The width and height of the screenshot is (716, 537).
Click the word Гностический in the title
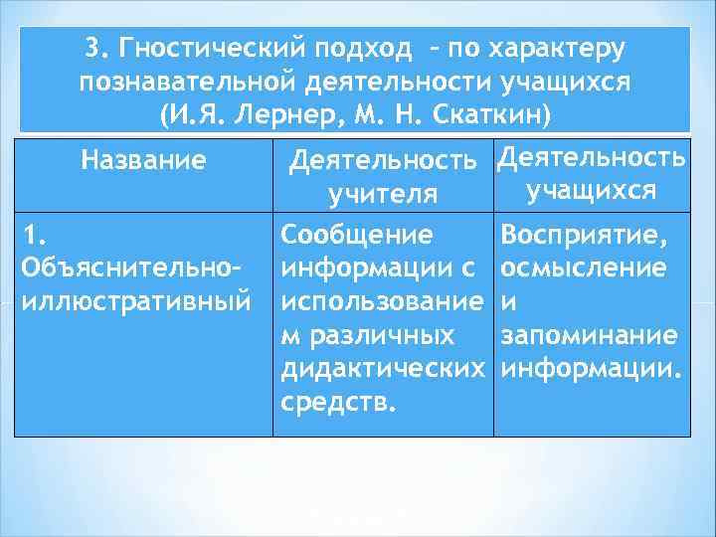click(x=213, y=49)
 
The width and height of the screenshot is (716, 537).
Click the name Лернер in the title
click(x=299, y=112)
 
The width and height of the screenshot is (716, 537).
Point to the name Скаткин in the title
click(x=487, y=112)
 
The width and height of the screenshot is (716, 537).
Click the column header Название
click(x=145, y=158)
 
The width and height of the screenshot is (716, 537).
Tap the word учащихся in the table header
click(x=591, y=189)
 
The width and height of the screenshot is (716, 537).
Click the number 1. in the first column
click(x=33, y=236)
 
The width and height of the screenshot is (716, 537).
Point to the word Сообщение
click(x=357, y=236)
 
